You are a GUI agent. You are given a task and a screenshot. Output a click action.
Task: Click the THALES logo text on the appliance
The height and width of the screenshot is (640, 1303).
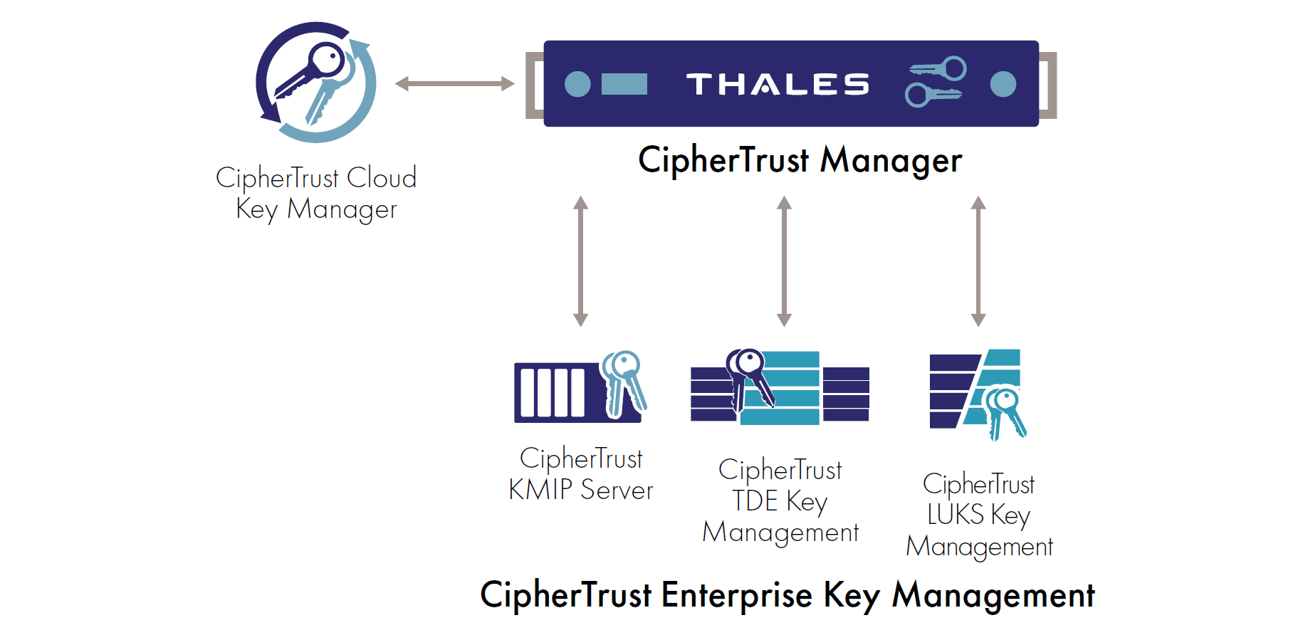[778, 84]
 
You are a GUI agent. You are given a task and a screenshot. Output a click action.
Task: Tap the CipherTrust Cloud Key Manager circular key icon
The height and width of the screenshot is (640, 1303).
[315, 83]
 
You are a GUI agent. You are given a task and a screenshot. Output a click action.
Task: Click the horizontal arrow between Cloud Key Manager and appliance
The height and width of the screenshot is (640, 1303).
[454, 84]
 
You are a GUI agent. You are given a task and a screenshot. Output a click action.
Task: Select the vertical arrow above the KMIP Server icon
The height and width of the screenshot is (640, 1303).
[581, 261]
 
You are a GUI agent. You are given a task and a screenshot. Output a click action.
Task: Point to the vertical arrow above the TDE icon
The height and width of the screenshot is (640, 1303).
[784, 261]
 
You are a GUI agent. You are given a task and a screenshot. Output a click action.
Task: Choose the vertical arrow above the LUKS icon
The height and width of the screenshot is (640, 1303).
[978, 261]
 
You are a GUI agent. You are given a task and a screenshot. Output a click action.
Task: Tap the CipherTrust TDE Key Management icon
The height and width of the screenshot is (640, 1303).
[780, 387]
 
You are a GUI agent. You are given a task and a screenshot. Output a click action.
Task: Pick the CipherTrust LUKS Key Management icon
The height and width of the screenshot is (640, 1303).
[978, 393]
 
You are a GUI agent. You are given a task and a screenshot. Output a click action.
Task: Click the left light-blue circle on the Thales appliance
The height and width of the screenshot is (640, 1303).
[577, 84]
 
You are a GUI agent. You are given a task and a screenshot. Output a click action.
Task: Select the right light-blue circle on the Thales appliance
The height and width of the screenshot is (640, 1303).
[1003, 84]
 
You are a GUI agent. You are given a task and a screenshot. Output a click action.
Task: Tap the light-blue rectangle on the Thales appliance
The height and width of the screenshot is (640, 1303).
[624, 84]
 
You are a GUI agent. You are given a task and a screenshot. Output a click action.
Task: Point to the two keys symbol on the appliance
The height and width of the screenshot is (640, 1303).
[936, 82]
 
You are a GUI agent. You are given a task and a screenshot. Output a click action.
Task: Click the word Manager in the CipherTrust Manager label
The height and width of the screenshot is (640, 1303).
[891, 160]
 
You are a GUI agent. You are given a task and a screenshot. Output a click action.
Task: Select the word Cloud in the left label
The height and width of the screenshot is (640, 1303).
[381, 177]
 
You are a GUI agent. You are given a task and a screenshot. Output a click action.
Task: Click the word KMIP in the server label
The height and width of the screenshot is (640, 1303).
[540, 490]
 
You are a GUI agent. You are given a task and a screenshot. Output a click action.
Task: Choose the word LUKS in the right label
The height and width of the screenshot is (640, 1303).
[955, 515]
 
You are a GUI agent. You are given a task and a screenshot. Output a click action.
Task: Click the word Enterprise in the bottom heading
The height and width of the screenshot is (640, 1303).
[736, 595]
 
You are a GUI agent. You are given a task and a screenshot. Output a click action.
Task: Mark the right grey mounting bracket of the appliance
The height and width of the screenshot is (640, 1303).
[1048, 85]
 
